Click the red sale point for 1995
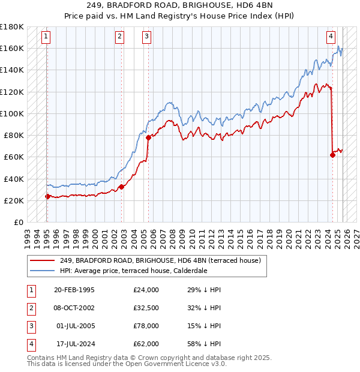[47, 196]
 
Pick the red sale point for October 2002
[122, 187]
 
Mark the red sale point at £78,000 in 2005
[148, 137]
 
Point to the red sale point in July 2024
[332, 155]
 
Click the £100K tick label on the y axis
[12, 113]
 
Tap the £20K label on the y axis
[14, 200]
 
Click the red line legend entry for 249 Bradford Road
[160, 261]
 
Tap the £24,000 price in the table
[146, 290]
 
